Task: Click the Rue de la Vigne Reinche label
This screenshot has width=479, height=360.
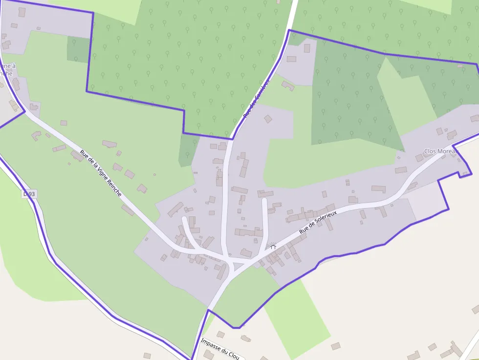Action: tap(101, 173)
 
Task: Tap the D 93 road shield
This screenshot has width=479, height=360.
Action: tap(29, 194)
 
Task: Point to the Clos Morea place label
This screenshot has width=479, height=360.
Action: tap(440, 151)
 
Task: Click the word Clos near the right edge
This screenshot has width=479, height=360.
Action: tap(431, 151)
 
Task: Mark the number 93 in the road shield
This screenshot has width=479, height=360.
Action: tap(32, 194)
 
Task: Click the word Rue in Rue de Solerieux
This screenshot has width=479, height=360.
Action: tap(304, 229)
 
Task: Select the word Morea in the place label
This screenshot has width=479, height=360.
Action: tap(447, 151)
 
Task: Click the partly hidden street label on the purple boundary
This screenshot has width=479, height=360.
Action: tap(256, 99)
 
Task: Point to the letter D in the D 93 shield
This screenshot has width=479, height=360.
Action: tap(26, 194)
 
